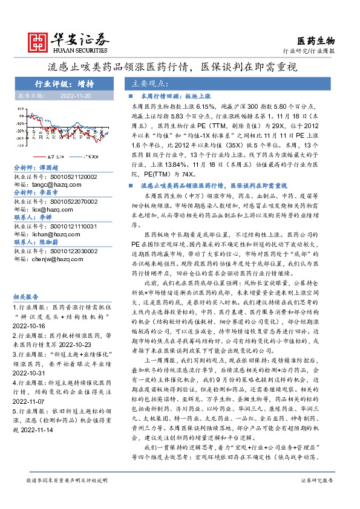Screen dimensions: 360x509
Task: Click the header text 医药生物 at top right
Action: click(x=317, y=41)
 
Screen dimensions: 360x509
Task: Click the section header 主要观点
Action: click(x=150, y=83)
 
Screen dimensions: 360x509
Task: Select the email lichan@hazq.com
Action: click(x=52, y=232)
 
